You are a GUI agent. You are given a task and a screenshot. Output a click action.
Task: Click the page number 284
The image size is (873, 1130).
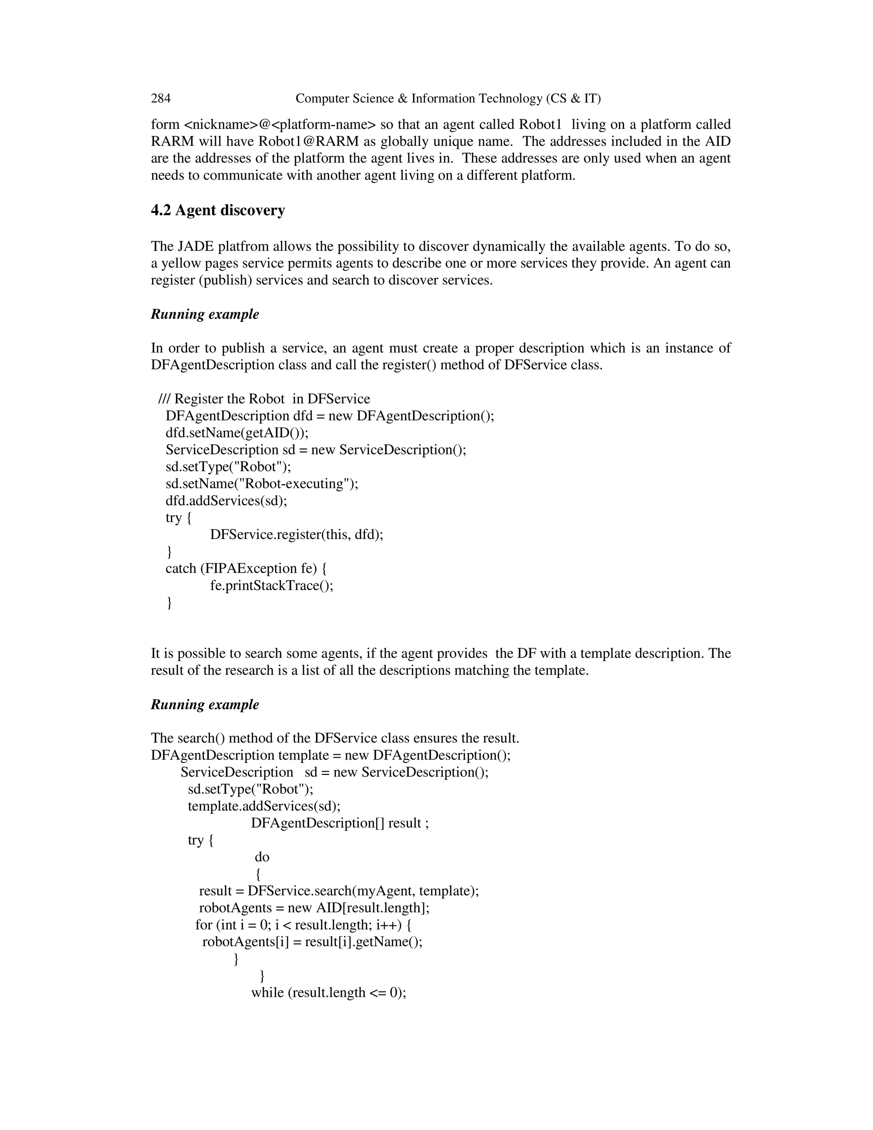(161, 99)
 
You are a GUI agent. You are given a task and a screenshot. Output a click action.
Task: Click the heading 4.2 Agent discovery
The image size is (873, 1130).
(218, 211)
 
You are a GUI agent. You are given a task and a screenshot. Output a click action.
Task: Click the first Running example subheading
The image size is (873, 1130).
(205, 315)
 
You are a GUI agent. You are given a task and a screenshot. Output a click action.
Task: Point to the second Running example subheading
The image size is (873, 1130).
(205, 705)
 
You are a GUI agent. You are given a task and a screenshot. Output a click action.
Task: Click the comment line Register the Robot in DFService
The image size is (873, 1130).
(264, 399)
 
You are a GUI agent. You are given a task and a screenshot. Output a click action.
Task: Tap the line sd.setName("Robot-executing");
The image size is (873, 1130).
(262, 484)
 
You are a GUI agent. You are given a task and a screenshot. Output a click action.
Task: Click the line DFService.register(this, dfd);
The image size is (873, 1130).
(296, 534)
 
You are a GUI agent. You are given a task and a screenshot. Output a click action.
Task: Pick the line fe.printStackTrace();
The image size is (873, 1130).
(272, 586)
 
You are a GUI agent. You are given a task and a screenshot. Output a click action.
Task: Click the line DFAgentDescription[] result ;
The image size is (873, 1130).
(340, 823)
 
